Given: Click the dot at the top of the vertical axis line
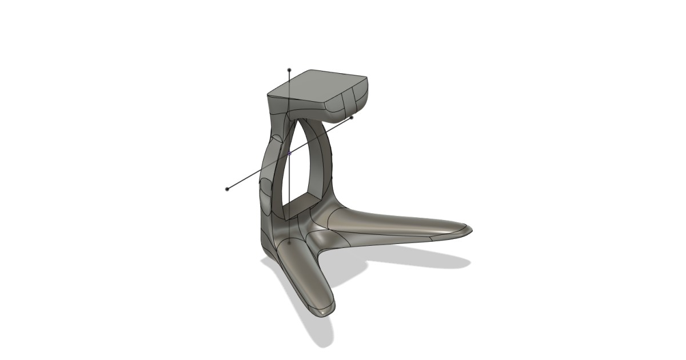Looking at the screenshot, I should pos(290,69).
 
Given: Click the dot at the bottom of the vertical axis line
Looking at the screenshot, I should pos(290,243).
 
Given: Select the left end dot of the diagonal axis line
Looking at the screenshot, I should pos(228,189).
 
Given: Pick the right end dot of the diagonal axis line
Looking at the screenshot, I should pos(352,118).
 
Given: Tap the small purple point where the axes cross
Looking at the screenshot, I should pos(290,153).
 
